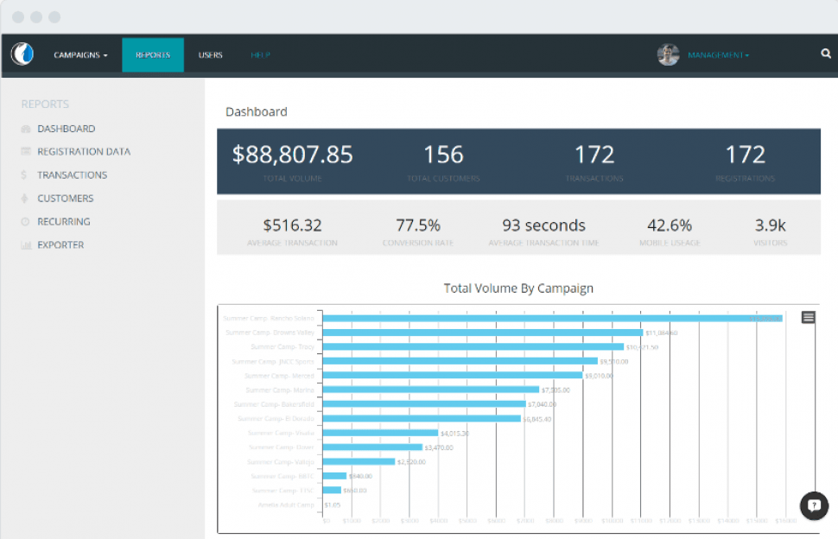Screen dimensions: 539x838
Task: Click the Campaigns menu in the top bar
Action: coord(80,55)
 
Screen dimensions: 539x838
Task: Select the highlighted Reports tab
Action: coord(152,55)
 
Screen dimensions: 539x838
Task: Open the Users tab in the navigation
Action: coord(210,55)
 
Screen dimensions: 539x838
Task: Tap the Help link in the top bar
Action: coord(260,55)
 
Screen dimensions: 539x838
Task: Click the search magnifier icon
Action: coord(825,54)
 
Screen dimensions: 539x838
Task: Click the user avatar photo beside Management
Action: coord(668,55)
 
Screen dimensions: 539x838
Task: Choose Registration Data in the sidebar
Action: coord(83,152)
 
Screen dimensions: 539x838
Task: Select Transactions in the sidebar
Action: coord(72,175)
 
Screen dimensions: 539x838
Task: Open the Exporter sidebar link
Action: coord(60,245)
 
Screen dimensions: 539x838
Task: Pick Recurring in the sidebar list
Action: coord(63,222)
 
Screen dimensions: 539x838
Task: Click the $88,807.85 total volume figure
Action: coord(293,155)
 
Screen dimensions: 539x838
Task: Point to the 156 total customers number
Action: coord(443,155)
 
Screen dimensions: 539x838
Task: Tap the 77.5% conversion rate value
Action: coord(418,225)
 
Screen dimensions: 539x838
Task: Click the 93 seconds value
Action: coord(543,225)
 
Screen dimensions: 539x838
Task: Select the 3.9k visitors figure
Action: coord(770,225)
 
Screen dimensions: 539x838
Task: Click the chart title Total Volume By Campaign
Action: coord(518,289)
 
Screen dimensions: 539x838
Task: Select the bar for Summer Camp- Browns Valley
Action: coord(483,333)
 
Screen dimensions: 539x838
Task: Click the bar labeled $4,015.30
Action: coord(380,433)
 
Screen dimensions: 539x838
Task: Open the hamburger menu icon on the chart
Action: coord(808,318)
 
